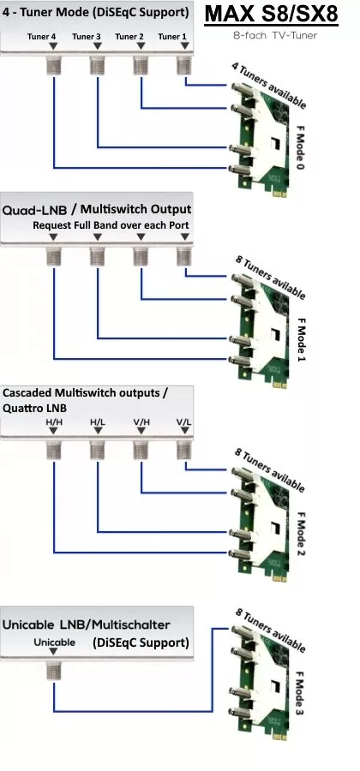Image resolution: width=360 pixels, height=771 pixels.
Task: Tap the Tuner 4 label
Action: point(41,36)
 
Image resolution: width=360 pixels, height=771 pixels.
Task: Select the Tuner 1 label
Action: point(172,36)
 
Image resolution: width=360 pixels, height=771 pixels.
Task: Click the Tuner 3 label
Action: point(87,36)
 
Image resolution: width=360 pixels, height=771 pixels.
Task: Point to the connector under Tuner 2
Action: point(141,65)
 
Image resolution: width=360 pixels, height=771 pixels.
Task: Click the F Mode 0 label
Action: point(301,146)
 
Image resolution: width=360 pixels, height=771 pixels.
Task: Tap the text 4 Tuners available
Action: point(268,86)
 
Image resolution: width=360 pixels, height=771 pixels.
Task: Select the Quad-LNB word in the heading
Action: point(35,210)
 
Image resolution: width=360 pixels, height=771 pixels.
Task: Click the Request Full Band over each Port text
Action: point(111,225)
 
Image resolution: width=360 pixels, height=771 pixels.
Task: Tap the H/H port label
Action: point(54,421)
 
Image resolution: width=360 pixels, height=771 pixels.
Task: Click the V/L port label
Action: point(184,421)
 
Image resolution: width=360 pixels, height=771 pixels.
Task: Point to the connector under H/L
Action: point(98,450)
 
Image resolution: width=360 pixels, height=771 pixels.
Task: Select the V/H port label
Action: point(141,421)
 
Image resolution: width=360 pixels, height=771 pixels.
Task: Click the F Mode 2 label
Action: point(301,535)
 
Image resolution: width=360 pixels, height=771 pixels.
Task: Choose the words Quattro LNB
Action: point(34,408)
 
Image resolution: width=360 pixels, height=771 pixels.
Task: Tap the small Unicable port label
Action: point(55,642)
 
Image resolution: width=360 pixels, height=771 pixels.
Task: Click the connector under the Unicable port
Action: point(54,670)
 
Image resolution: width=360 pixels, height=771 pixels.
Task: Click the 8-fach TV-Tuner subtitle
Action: point(275,35)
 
